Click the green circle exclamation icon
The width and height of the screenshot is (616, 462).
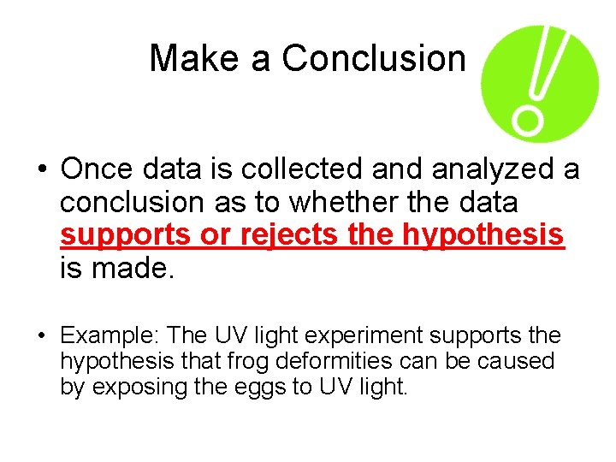539,83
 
